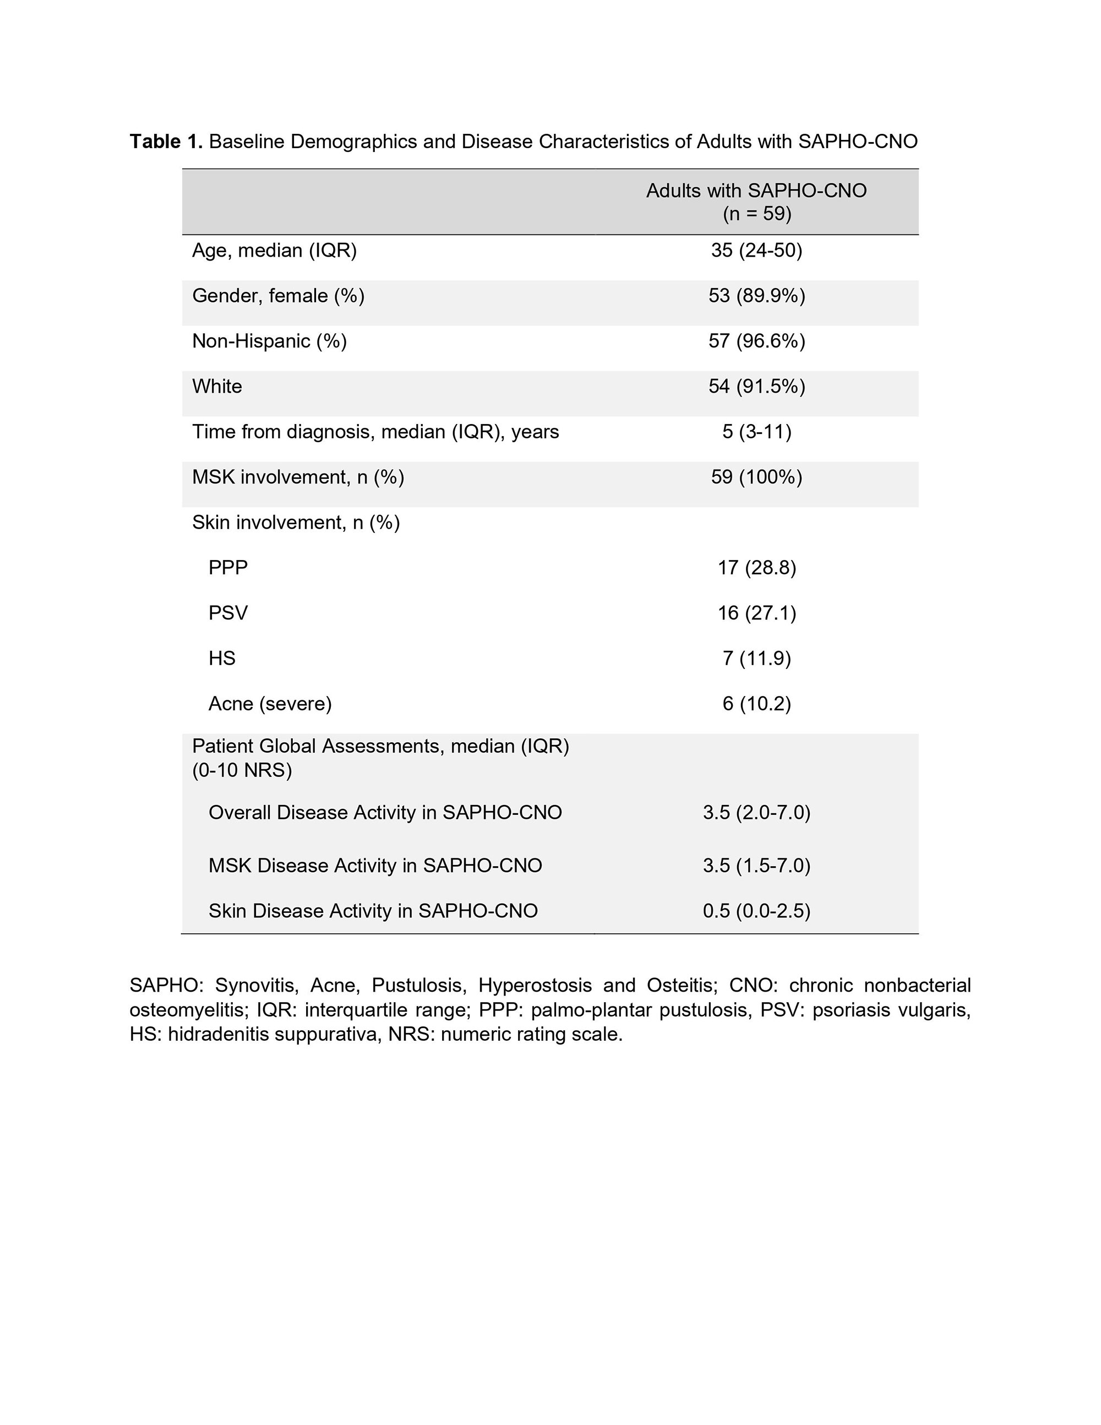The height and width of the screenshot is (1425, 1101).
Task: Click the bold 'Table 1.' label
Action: coord(166,142)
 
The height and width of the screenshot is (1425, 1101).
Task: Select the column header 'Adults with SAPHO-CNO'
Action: coord(756,191)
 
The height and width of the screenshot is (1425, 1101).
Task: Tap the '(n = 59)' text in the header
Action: coord(756,213)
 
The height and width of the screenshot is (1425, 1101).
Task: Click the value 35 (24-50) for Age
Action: coord(756,251)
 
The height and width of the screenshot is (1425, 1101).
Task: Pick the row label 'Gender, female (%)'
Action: coord(278,296)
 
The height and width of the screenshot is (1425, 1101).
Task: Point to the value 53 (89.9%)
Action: coord(756,296)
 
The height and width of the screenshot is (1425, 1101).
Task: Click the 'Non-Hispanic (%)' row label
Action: coord(269,341)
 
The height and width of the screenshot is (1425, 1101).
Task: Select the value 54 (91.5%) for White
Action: coord(756,387)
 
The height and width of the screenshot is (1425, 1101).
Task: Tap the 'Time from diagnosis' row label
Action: coord(375,432)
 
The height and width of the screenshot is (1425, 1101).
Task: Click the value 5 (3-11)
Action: coord(756,432)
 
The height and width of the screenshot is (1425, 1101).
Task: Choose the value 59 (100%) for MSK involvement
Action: coord(756,477)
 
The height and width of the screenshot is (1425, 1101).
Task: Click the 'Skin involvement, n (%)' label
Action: coord(296,523)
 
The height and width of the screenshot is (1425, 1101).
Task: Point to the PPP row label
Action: coord(228,568)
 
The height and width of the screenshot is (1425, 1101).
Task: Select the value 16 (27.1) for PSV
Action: coord(756,613)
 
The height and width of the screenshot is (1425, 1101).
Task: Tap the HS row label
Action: coord(222,659)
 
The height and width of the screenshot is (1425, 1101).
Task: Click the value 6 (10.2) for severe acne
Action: coord(756,704)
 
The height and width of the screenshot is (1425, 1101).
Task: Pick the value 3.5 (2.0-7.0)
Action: coord(756,813)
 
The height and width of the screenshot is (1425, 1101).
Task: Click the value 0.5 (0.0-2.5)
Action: coord(756,911)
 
